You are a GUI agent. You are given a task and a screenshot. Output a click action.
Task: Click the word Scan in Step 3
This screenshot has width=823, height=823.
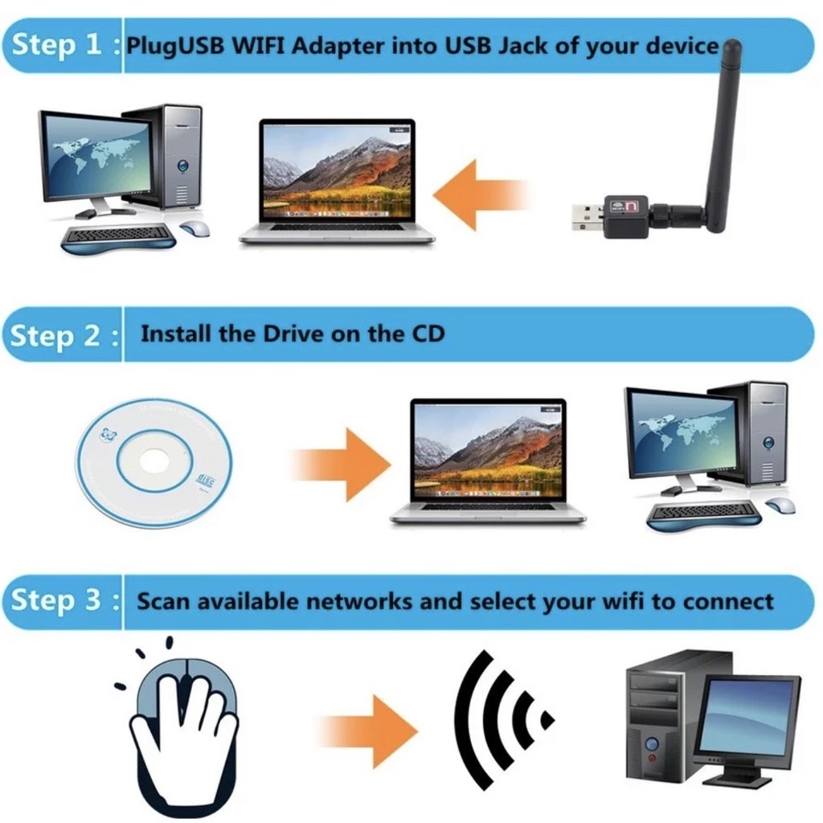[x=162, y=601]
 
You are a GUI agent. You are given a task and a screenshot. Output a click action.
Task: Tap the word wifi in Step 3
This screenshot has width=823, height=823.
[x=624, y=600]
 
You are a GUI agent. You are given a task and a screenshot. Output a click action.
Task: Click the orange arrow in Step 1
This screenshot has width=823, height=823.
[x=481, y=194]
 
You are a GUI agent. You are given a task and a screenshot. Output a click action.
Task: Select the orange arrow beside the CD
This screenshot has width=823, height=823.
[x=341, y=464]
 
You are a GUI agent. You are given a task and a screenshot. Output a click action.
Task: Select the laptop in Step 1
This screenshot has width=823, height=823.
[x=337, y=182]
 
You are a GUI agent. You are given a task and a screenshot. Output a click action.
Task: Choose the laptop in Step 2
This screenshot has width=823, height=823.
[x=488, y=461]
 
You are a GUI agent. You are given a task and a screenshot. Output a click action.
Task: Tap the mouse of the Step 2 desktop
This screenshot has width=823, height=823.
[x=780, y=505]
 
